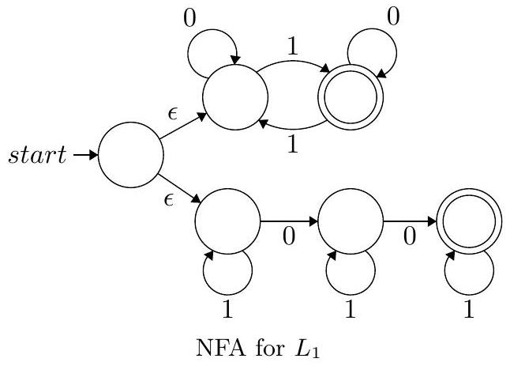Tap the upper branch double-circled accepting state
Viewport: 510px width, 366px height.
(351, 98)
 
